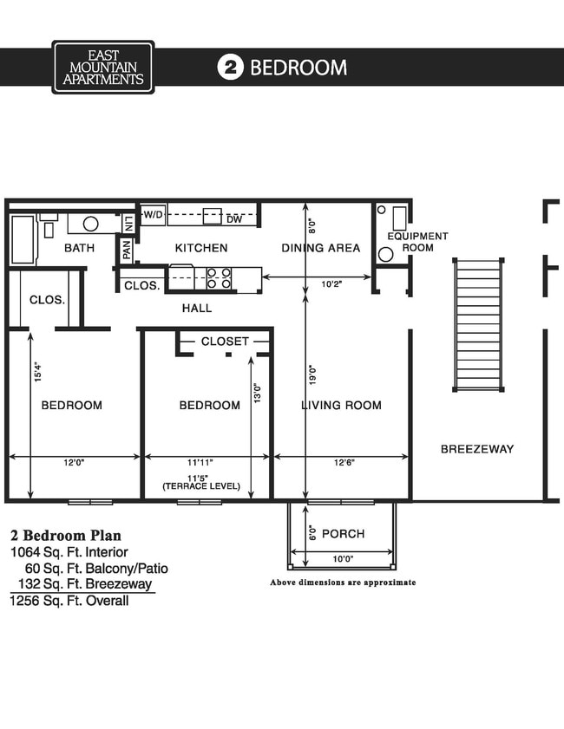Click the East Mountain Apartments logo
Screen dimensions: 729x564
[x=102, y=67]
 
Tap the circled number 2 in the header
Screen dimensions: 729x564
[x=230, y=68]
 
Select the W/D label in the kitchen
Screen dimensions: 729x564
[x=154, y=214]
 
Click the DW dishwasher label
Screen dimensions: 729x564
[x=233, y=220]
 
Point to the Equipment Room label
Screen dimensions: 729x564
[x=417, y=242]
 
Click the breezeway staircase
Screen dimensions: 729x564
[x=478, y=325]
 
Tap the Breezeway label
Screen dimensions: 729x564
[x=476, y=449]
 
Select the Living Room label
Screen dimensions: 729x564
[x=341, y=406]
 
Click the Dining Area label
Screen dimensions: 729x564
[x=320, y=248]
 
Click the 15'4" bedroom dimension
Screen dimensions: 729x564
[x=36, y=372]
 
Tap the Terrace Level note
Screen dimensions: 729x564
[x=201, y=487]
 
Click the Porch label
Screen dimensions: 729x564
[x=342, y=533]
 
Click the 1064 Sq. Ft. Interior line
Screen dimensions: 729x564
[x=69, y=551]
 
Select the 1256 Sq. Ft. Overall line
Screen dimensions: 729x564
[x=69, y=601]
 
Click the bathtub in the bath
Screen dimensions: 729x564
[x=23, y=240]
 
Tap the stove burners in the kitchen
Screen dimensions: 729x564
[x=220, y=277]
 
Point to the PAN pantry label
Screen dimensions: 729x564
[x=127, y=251]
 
